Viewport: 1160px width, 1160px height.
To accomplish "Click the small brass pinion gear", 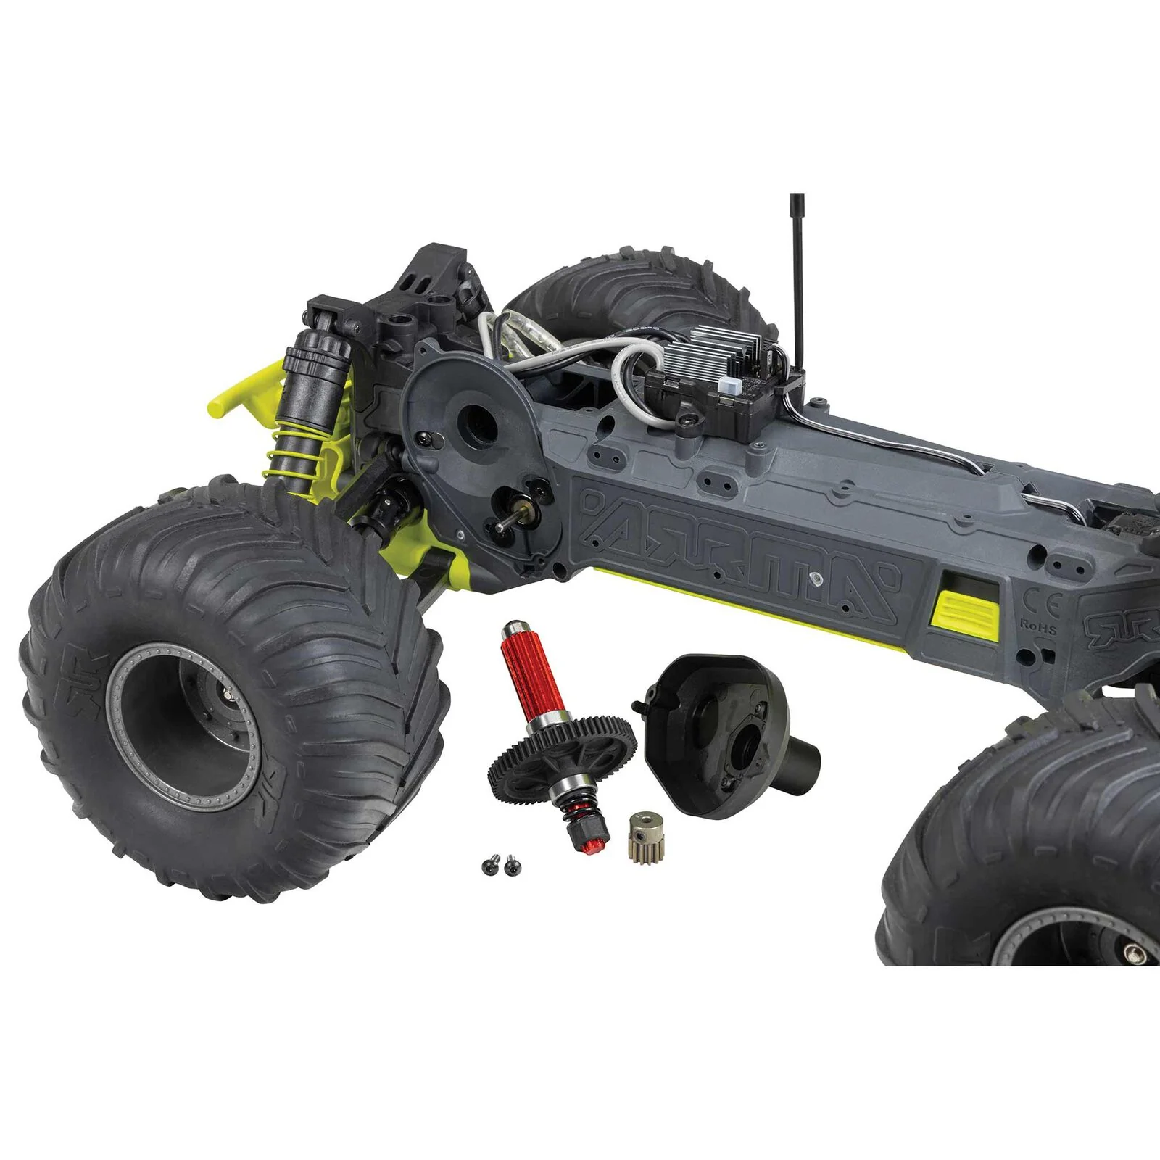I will (x=641, y=835).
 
